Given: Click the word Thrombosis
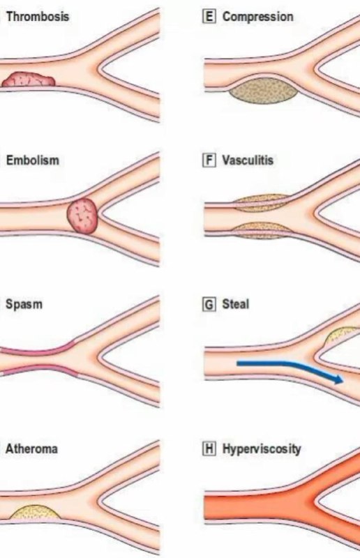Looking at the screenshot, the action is [x=38, y=16].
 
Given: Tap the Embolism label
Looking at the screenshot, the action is [x=33, y=160].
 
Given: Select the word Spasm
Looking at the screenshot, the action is [x=24, y=304].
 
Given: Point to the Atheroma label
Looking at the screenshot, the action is [x=31, y=448].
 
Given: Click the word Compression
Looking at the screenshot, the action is [x=258, y=17].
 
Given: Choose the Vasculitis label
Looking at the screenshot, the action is [x=248, y=160].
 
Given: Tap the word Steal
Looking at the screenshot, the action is [x=235, y=304].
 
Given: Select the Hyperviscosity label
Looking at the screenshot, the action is [x=262, y=449].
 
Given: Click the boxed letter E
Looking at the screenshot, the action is [x=209, y=17].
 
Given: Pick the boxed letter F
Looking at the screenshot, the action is [x=209, y=160].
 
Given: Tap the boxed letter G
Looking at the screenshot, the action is [x=209, y=305].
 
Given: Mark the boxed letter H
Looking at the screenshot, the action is [x=209, y=448].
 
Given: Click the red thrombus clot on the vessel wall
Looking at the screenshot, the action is [x=29, y=80].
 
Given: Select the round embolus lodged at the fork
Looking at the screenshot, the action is [x=82, y=216].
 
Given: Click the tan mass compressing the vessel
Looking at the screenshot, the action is [x=264, y=91].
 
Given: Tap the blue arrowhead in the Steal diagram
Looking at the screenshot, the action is [x=338, y=379].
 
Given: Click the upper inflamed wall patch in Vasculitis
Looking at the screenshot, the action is [x=263, y=203].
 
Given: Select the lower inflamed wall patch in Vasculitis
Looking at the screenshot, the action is [x=263, y=230].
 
